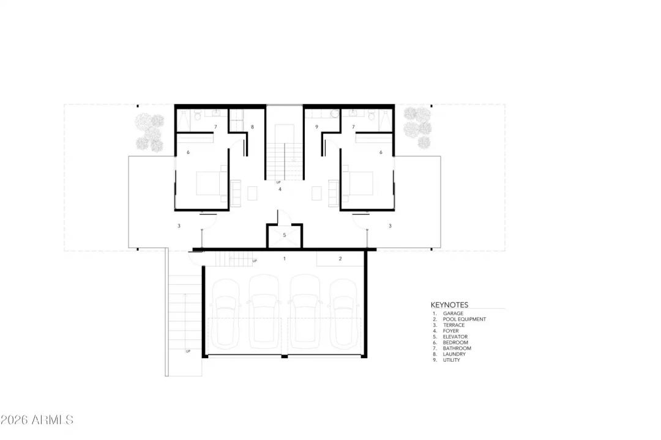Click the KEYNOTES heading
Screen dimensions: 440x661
tap(449, 304)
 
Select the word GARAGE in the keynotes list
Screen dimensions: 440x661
tap(453, 313)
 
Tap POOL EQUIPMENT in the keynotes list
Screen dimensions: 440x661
tap(465, 319)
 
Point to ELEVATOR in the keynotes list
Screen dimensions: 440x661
tap(455, 337)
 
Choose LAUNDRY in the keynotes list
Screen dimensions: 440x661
tap(454, 354)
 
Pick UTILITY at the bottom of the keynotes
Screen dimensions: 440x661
tap(452, 360)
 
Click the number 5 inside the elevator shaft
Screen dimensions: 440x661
tap(285, 235)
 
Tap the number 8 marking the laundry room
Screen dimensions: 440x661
tap(252, 127)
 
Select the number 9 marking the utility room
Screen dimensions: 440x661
tap(316, 127)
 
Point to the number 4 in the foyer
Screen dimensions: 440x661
tap(280, 189)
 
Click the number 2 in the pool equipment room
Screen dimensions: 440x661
tap(340, 259)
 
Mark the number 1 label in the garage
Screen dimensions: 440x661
tap(284, 259)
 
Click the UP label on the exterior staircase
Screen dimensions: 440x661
tap(189, 351)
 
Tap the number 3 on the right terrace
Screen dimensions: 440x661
tap(390, 226)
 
